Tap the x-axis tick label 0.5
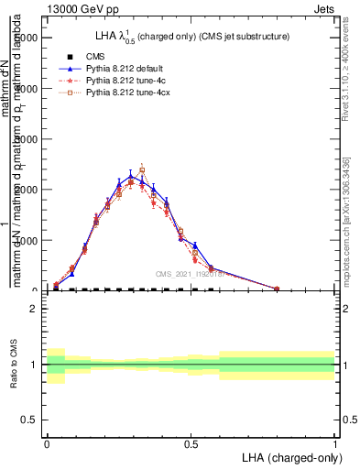pos(191,442)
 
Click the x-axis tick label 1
pos(335,442)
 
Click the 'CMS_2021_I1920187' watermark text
pos(190,274)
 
